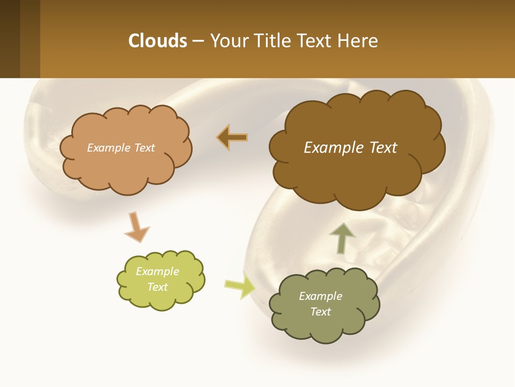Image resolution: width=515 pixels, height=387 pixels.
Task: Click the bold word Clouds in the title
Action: (x=158, y=41)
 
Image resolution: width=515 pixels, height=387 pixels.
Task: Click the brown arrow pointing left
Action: (x=232, y=138)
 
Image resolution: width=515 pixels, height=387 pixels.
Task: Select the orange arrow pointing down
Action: (x=136, y=226)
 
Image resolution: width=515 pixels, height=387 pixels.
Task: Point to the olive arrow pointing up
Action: (x=342, y=238)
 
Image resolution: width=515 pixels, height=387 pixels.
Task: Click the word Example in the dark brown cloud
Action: (x=329, y=148)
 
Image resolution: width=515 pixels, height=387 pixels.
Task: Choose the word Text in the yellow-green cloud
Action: (x=157, y=287)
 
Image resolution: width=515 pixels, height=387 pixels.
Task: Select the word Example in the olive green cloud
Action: (x=320, y=296)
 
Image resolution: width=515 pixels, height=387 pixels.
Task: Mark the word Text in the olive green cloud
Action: (x=320, y=312)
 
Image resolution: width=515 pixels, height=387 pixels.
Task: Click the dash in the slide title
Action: (x=198, y=41)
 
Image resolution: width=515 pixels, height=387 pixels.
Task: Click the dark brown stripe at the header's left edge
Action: (x=10, y=39)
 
